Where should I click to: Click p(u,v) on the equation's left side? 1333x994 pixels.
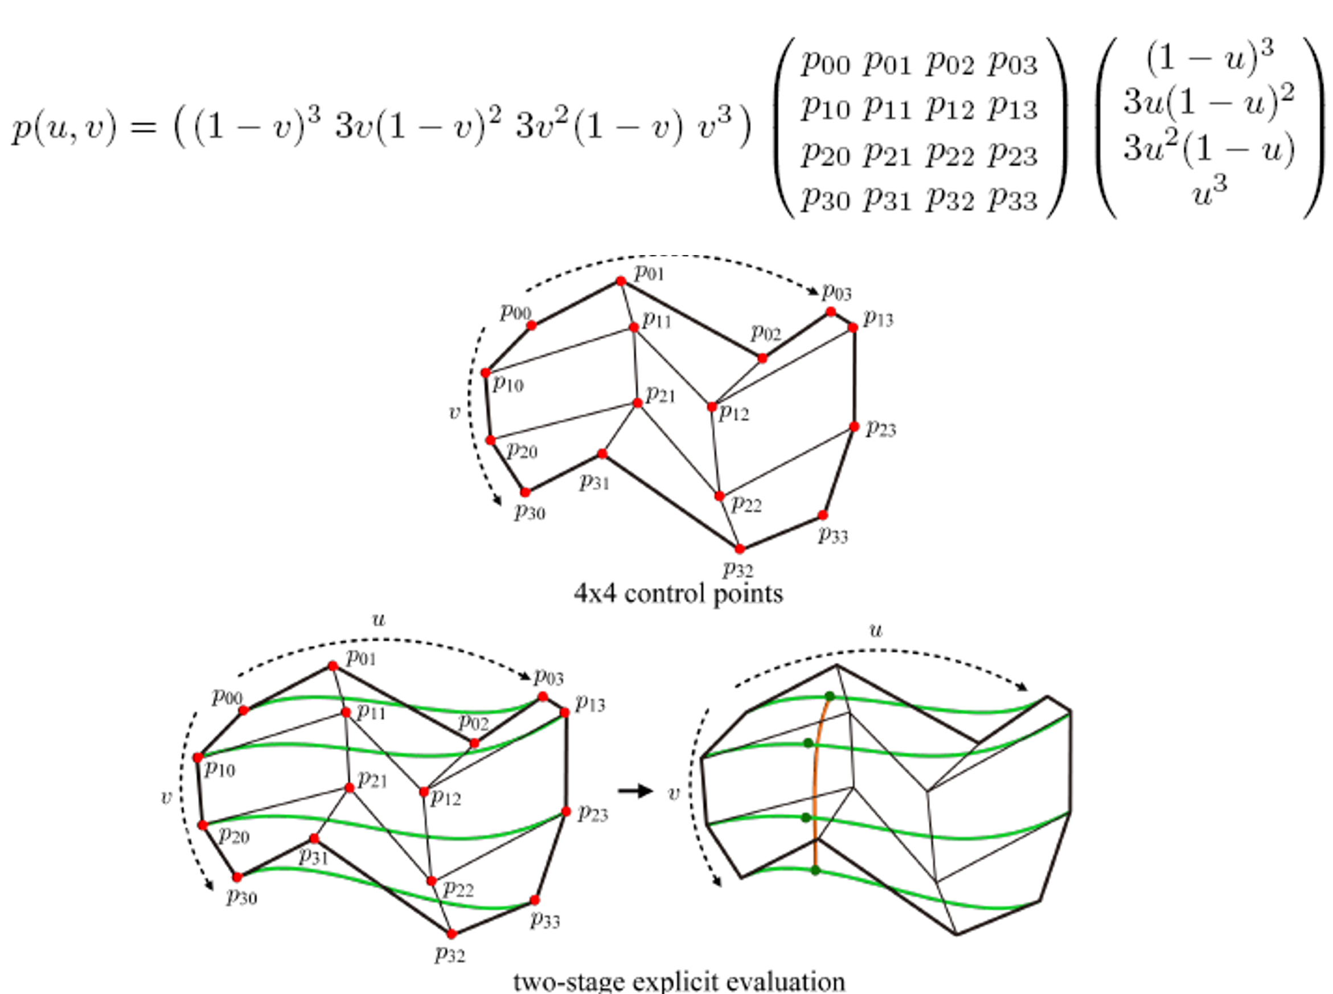pyautogui.click(x=63, y=128)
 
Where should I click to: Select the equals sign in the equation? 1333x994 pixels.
pyautogui.click(x=144, y=129)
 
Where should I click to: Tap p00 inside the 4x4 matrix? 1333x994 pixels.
pyautogui.click(x=825, y=64)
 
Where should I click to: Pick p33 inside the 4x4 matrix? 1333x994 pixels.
pyautogui.click(x=1013, y=199)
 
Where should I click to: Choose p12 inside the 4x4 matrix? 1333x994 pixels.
pyautogui.click(x=950, y=109)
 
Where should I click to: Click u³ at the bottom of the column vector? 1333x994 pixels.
pyautogui.click(x=1209, y=193)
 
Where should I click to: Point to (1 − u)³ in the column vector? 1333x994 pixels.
pyautogui.click(x=1209, y=59)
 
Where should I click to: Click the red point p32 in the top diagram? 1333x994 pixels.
pyautogui.click(x=740, y=548)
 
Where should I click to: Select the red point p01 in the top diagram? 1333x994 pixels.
pyautogui.click(x=621, y=281)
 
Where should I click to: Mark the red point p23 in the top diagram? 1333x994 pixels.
pyautogui.click(x=854, y=426)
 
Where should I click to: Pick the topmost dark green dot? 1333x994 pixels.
pyautogui.click(x=830, y=696)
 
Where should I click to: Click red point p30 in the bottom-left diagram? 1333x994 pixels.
pyautogui.click(x=237, y=877)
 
